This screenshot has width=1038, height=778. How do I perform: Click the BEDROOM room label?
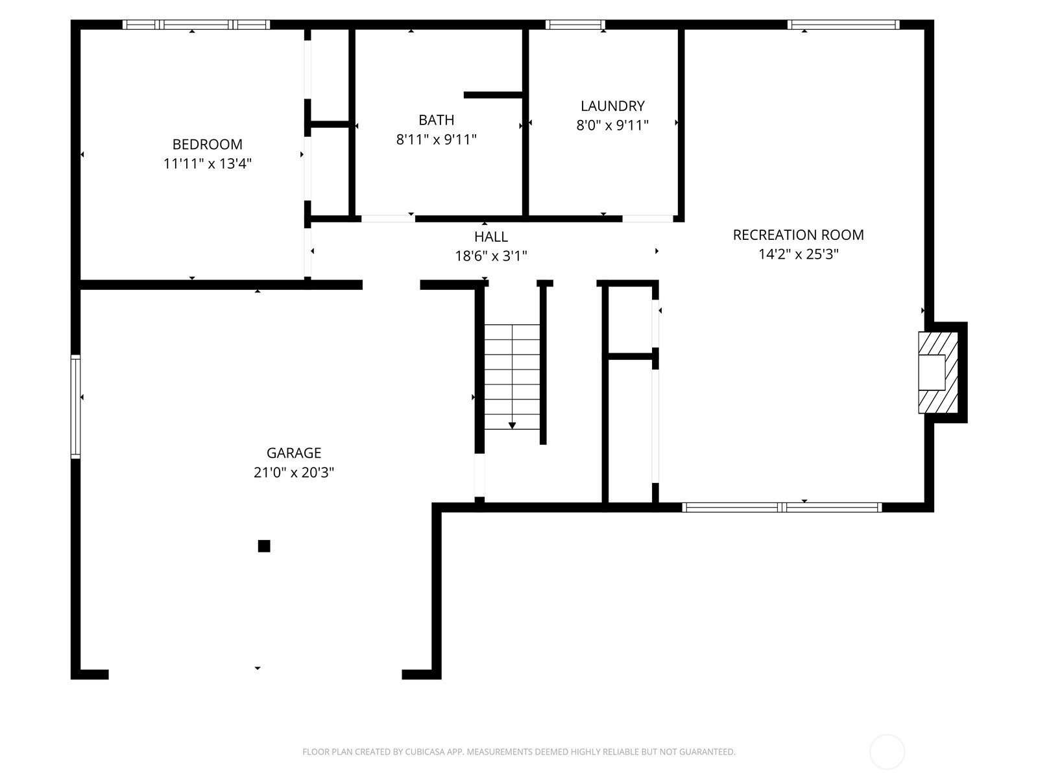(207, 144)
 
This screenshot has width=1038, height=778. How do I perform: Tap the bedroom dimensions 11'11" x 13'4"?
(207, 163)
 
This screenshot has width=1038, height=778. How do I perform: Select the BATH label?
(436, 120)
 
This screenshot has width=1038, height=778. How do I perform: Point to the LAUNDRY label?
(612, 106)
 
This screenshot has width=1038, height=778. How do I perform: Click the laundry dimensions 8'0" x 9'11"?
(612, 125)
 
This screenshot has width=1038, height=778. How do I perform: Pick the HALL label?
(490, 237)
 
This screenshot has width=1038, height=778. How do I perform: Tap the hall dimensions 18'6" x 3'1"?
(490, 256)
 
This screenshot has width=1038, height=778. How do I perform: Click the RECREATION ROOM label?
(798, 235)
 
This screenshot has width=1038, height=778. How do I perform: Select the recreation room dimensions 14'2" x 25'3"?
(798, 254)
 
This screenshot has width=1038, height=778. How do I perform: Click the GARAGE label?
(294, 453)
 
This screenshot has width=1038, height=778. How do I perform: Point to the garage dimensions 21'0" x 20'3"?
(294, 472)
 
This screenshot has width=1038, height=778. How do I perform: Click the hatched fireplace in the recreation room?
(937, 372)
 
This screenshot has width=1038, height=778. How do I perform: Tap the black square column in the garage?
(264, 546)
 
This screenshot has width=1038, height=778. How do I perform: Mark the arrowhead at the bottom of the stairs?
(512, 425)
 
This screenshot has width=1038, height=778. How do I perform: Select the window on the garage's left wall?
(76, 407)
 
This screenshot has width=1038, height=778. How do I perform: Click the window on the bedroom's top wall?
(196, 25)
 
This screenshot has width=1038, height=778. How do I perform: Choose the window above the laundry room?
(575, 25)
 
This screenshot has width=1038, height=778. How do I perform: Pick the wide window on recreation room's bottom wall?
(782, 507)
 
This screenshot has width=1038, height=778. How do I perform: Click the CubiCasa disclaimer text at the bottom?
(518, 752)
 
